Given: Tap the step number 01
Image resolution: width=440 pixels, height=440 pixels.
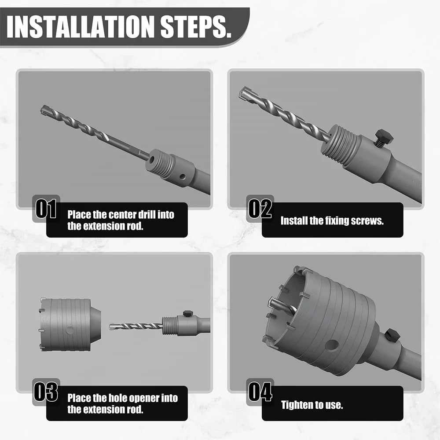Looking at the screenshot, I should pyautogui.click(x=46, y=209).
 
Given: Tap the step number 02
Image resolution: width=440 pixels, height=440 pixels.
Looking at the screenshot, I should pyautogui.click(x=260, y=209).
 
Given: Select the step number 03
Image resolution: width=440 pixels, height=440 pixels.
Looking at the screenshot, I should pyautogui.click(x=46, y=392).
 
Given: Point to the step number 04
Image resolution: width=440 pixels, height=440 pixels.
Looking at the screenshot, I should pyautogui.click(x=260, y=392).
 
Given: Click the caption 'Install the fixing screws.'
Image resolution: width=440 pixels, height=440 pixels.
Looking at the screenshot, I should pyautogui.click(x=332, y=221).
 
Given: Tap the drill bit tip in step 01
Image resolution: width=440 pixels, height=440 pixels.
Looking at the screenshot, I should pyautogui.click(x=45, y=110).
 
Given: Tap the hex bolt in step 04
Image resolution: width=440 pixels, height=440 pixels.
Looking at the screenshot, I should pyautogui.click(x=392, y=335).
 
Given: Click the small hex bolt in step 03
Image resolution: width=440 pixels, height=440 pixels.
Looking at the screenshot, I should pyautogui.click(x=188, y=313).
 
